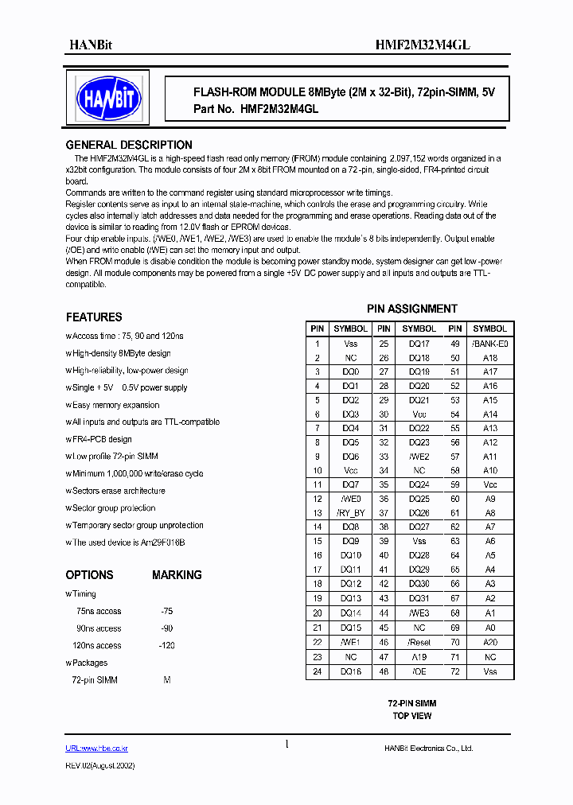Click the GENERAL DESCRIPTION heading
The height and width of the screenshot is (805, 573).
128,145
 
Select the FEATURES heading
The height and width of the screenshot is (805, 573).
93,317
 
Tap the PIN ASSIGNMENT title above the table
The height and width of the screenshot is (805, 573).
411,309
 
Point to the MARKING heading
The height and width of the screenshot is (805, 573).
177,574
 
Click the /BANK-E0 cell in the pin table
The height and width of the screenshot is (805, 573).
489,344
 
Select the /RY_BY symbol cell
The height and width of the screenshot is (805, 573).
350,513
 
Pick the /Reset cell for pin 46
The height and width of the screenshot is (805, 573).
419,641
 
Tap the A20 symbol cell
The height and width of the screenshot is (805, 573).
489,641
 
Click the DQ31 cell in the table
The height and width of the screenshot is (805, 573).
419,598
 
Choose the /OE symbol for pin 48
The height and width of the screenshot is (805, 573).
419,671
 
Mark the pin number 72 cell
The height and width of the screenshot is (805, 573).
454,671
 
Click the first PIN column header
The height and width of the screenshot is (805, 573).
317,329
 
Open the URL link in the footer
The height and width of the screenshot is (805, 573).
96,749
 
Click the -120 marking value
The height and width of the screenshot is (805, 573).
167,645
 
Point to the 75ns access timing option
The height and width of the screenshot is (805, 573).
98,611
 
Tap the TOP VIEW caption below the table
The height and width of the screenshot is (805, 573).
411,716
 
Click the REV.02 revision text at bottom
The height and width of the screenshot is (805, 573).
99,764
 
